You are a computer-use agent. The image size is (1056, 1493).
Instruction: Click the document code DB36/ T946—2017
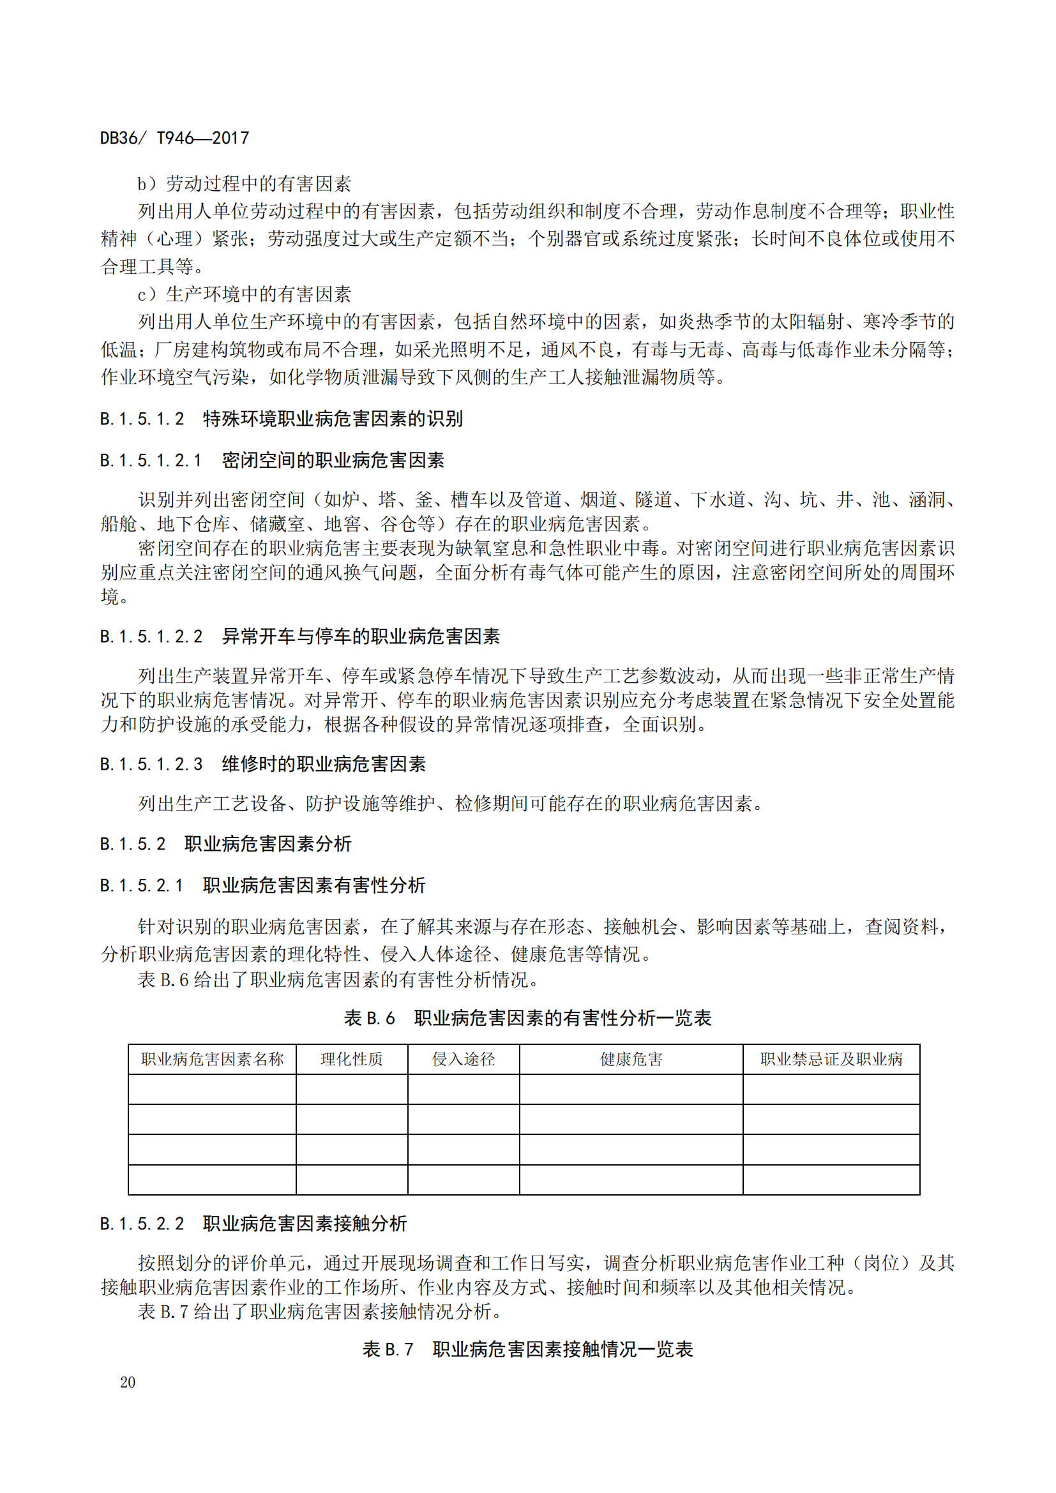tap(174, 138)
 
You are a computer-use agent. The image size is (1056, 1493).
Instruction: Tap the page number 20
tap(128, 1382)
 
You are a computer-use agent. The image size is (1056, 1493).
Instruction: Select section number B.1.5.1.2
tap(142, 419)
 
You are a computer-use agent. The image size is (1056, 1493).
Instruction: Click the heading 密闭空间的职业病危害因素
tap(333, 460)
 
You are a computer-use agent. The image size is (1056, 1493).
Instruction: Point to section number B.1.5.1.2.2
tap(151, 636)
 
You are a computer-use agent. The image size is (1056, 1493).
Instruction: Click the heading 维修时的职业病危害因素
tap(324, 763)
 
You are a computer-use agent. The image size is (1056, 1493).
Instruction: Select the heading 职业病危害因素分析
tap(268, 843)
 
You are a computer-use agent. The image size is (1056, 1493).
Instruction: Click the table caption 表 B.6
tap(369, 1017)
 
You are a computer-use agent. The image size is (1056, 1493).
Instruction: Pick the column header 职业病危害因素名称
tap(212, 1060)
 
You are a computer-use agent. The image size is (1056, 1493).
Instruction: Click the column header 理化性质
tap(352, 1060)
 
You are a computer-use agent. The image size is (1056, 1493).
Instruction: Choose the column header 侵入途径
tap(464, 1060)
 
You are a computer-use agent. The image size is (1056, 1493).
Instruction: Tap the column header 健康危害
tap(631, 1060)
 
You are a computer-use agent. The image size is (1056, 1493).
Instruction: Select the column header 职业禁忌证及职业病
tap(831, 1060)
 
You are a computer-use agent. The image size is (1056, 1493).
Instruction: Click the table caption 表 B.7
tap(388, 1349)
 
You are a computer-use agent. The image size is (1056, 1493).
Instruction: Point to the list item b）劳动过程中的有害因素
tap(244, 184)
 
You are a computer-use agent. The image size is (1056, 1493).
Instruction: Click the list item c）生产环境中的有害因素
tap(244, 294)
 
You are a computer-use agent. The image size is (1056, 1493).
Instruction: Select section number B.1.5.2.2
tap(142, 1223)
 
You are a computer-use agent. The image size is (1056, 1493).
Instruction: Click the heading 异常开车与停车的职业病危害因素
tap(361, 636)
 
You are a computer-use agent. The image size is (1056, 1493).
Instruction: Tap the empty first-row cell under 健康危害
tap(631, 1089)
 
